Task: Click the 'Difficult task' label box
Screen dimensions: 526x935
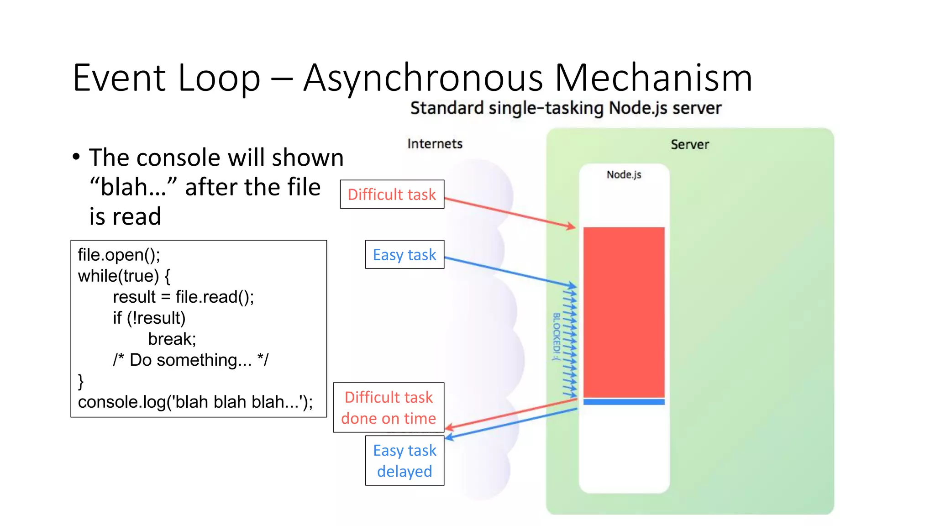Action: pyautogui.click(x=392, y=195)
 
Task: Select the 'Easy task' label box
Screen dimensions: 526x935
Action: pyautogui.click(x=404, y=254)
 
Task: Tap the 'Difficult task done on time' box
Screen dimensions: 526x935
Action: pyautogui.click(x=389, y=407)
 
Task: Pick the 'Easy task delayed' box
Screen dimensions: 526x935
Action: pyautogui.click(x=404, y=460)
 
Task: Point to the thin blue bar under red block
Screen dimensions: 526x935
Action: pyautogui.click(x=624, y=402)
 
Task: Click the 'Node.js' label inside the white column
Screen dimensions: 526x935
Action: pyautogui.click(x=624, y=174)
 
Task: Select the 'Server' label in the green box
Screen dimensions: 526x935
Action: pyautogui.click(x=689, y=145)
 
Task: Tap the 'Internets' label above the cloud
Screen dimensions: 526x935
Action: pyautogui.click(x=435, y=144)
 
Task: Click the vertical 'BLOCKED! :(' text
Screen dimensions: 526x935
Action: pyautogui.click(x=556, y=337)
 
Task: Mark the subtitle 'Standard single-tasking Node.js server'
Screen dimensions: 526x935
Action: pyautogui.click(x=566, y=108)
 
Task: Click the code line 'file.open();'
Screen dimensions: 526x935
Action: pyautogui.click(x=119, y=255)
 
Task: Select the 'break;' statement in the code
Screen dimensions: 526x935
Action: pyautogui.click(x=172, y=339)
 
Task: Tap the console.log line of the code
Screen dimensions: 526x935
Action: pyautogui.click(x=195, y=402)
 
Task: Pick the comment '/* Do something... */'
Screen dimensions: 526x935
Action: pyautogui.click(x=191, y=360)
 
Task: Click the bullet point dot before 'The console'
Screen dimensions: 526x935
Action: pyautogui.click(x=76, y=157)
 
